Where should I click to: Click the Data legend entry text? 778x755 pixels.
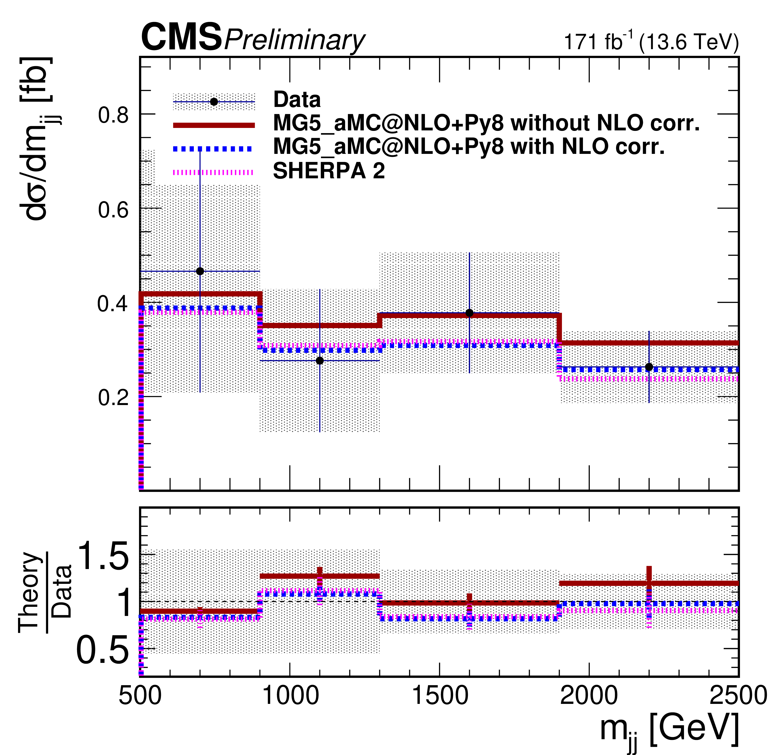[297, 100]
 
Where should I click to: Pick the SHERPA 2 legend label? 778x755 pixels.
[329, 171]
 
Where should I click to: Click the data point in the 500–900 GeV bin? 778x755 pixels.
[200, 271]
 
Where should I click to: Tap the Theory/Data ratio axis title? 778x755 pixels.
[46, 592]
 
